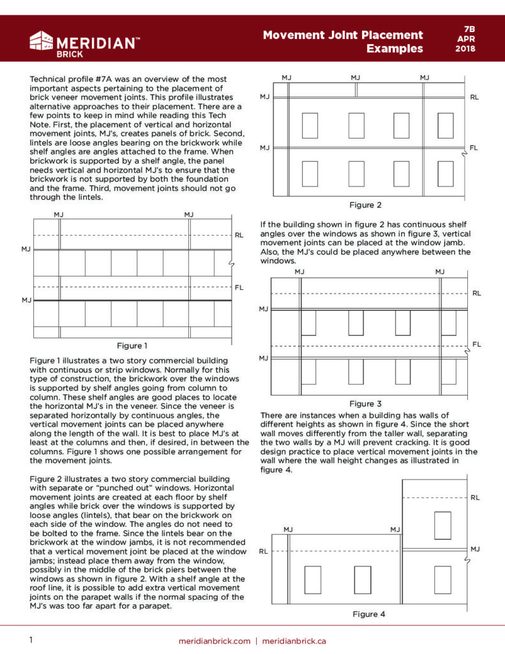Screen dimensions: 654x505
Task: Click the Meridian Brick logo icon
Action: (x=41, y=41)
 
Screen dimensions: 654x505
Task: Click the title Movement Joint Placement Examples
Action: (x=343, y=42)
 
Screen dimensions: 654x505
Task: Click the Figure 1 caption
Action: (x=132, y=346)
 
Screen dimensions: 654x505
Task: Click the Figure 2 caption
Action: (x=365, y=205)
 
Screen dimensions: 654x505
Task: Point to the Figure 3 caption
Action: (x=365, y=404)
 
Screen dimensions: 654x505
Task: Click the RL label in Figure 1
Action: (x=239, y=235)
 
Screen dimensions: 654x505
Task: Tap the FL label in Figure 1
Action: (x=239, y=287)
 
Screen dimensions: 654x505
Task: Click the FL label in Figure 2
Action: (x=474, y=148)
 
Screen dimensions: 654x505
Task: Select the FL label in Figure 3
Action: (x=476, y=344)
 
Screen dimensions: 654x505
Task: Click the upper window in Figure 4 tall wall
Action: (x=442, y=525)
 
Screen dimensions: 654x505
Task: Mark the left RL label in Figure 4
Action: (x=264, y=550)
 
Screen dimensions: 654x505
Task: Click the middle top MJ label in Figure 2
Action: (x=356, y=77)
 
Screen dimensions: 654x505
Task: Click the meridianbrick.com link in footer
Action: (x=215, y=641)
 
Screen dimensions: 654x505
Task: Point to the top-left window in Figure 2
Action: (x=310, y=125)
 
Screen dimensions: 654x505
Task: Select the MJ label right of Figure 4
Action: (x=475, y=549)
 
